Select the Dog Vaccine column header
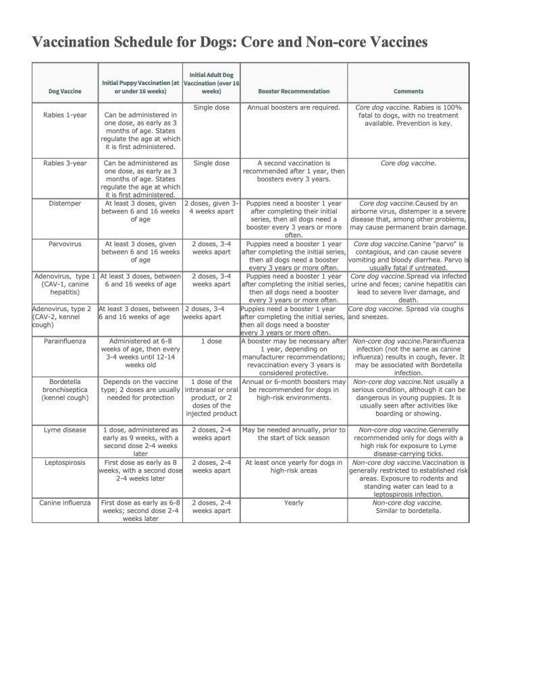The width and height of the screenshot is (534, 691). point(65,91)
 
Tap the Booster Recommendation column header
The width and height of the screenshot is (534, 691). point(294,91)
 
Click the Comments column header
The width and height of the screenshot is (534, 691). point(408,91)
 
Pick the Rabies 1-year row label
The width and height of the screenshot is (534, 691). point(65,115)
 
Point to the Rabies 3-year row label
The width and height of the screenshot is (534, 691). point(65,163)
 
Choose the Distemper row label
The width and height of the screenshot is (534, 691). point(65,203)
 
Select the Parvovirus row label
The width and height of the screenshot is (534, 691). point(65,244)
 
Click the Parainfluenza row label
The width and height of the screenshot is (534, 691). point(65,341)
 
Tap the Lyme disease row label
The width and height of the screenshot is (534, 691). point(65,430)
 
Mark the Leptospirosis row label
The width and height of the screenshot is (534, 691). point(65,462)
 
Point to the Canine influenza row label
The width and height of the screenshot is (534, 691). point(65,503)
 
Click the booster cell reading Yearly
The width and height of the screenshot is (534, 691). point(294,503)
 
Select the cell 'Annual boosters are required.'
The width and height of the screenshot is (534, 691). point(294,107)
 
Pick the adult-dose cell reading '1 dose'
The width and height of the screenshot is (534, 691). point(211,341)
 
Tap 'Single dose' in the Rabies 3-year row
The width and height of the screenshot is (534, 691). point(211,163)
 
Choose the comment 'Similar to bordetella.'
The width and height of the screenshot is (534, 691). point(408,511)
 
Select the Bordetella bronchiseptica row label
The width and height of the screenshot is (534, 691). point(65,389)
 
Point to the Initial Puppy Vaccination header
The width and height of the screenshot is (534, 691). point(140,87)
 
